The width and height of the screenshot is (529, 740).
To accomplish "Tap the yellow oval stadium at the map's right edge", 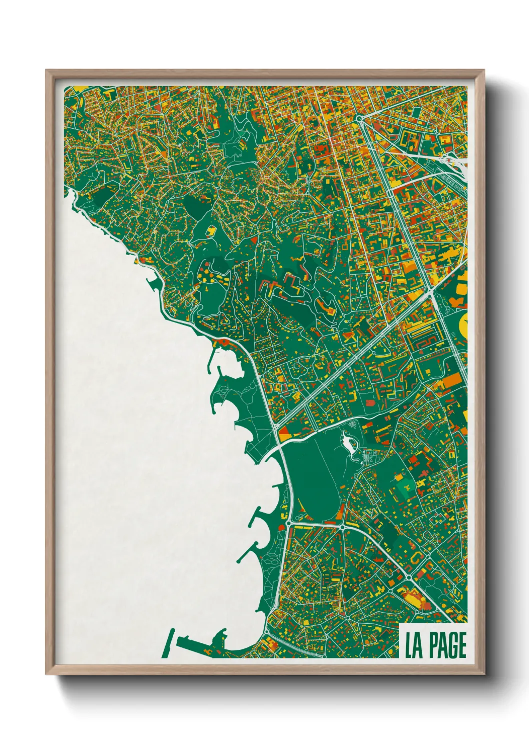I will [463, 326].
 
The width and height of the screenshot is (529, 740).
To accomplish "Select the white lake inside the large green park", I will [346, 442].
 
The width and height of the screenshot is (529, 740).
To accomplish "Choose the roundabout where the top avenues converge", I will [359, 118].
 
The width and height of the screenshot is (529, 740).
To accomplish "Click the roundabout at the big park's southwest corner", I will [289, 523].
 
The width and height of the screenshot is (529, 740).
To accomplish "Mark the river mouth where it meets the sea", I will [270, 452].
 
